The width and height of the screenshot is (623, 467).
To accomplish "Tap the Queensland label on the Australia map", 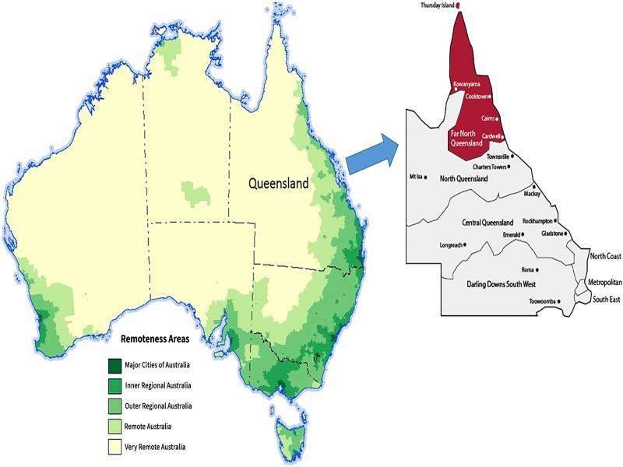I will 278,184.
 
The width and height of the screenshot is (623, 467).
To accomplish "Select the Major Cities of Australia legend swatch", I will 114,365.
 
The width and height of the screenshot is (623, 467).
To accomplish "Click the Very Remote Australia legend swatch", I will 114,447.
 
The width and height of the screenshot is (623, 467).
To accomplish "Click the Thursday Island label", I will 436,5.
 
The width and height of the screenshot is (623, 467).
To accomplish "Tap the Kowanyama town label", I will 466,83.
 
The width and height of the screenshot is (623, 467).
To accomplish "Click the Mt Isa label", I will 417,176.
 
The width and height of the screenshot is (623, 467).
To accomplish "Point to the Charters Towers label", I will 488,167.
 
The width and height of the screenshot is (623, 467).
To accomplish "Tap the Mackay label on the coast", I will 532,193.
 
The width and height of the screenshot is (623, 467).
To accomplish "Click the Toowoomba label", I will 544,301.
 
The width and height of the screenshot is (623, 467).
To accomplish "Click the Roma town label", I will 527,269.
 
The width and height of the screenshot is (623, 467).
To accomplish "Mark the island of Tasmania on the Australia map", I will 292,434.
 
